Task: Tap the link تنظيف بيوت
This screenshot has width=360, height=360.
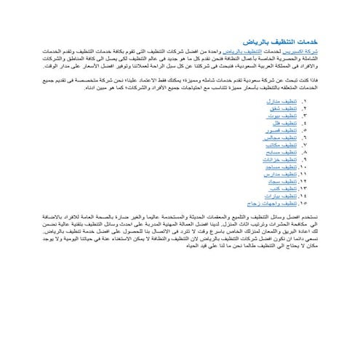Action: pos(276,116)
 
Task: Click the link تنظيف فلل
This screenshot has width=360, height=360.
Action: pos(277,123)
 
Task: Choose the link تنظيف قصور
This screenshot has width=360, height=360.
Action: pos(274,130)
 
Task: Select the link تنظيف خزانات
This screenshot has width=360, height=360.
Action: pos(273,159)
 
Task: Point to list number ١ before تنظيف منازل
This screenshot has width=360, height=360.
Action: pos(304,101)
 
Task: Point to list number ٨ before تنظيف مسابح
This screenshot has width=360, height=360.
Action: pos(304,152)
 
